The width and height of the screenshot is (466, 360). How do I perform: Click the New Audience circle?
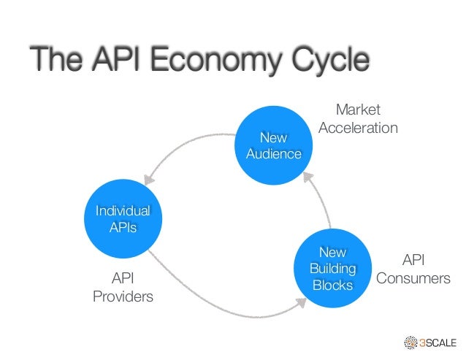pyautogui.click(x=274, y=145)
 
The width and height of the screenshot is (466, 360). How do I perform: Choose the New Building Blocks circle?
pyautogui.click(x=332, y=268)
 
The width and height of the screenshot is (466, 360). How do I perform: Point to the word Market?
pyautogui.click(x=358, y=110)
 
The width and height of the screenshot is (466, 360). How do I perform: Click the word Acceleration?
pyautogui.click(x=358, y=129)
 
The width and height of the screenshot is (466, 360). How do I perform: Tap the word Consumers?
pyautogui.click(x=413, y=279)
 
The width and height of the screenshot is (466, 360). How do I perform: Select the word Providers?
pyautogui.click(x=123, y=296)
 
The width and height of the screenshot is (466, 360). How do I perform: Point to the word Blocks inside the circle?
pyautogui.click(x=332, y=285)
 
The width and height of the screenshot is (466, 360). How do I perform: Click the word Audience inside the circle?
pyautogui.click(x=274, y=154)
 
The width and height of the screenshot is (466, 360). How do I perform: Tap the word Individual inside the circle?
pyautogui.click(x=123, y=211)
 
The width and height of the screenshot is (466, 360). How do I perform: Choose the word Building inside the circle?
pyautogui.click(x=332, y=269)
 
